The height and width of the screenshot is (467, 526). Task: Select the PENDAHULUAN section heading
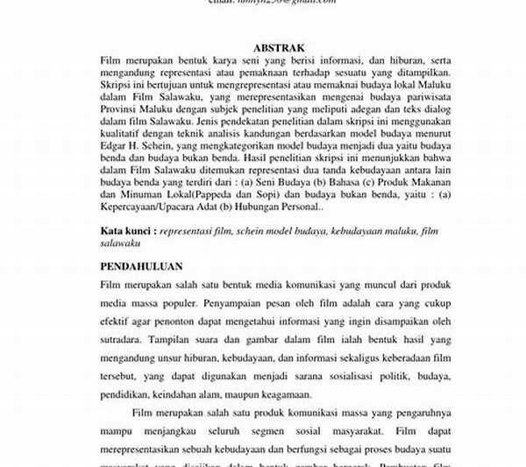coord(146,265)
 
